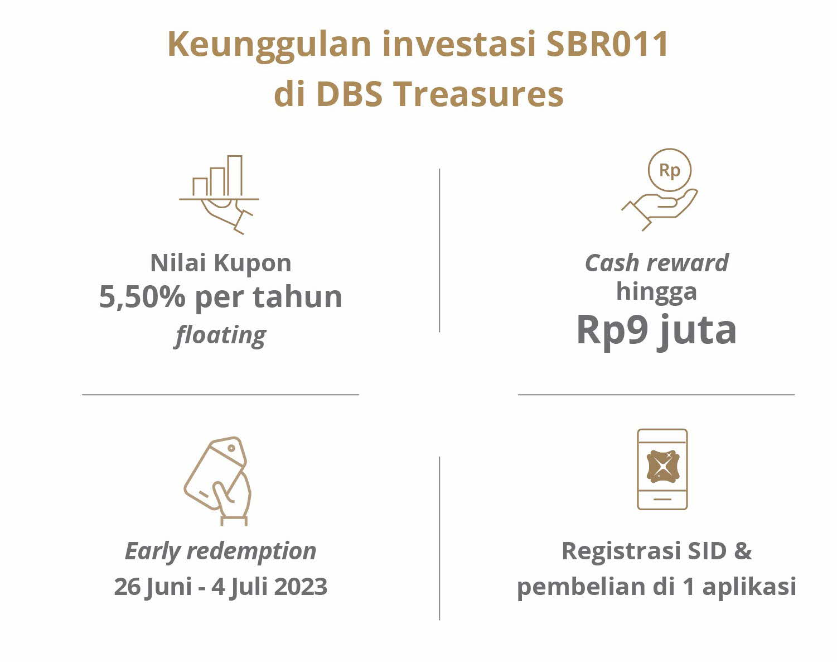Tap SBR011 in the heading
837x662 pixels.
coord(607,44)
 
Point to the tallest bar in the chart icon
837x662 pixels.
coord(235,176)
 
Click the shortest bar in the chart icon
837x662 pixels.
coord(200,187)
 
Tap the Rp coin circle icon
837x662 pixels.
coord(669,170)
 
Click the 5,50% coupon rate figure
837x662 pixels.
coord(142,297)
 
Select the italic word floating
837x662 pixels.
coord(220,335)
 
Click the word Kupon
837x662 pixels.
coord(253,263)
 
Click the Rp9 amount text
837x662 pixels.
coord(612,330)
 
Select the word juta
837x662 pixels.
coord(696,332)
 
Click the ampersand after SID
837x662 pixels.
coord(743,551)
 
